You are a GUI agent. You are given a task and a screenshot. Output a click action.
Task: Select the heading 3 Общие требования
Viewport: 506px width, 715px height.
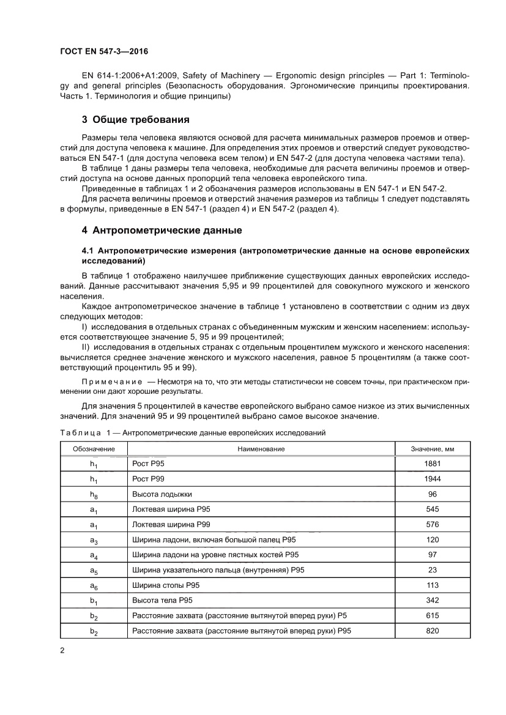pyautogui.click(x=135, y=119)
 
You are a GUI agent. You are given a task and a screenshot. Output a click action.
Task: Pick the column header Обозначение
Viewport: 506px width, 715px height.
pyautogui.click(x=93, y=449)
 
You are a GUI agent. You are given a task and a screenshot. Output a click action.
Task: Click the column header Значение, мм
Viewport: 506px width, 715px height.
pyautogui.click(x=432, y=449)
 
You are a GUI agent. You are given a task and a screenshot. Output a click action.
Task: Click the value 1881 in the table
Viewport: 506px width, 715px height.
pyautogui.click(x=432, y=464)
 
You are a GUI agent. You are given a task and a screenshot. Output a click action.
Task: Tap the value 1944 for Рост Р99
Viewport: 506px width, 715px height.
pyautogui.click(x=432, y=479)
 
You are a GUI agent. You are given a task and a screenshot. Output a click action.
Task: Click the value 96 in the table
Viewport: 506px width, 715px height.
pyautogui.click(x=432, y=494)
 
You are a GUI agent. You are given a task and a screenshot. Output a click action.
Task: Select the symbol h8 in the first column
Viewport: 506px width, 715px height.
pyautogui.click(x=93, y=495)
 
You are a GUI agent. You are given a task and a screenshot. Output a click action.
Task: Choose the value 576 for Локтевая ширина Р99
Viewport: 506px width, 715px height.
pyautogui.click(x=432, y=524)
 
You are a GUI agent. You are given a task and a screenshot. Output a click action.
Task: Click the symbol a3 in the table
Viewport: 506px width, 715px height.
pyautogui.click(x=93, y=540)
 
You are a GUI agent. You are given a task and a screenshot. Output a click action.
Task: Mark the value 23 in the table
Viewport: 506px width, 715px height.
pyautogui.click(x=432, y=570)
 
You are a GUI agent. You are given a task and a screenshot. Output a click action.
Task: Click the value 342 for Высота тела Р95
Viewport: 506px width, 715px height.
pyautogui.click(x=432, y=601)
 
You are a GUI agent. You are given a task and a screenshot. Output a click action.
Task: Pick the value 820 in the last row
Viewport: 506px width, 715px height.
pyautogui.click(x=432, y=631)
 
